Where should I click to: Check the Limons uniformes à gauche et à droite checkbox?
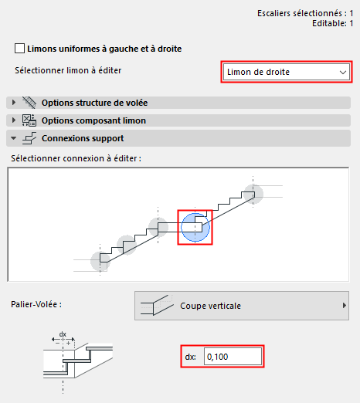point(19,49)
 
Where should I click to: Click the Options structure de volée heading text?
point(94,103)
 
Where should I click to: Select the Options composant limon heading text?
point(93,120)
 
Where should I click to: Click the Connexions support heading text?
point(83,138)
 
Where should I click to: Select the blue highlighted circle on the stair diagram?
point(195,227)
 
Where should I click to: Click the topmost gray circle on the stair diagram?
point(253,193)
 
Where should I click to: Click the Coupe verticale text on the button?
point(210,306)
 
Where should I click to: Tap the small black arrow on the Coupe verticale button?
point(344,306)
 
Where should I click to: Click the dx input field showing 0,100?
point(233,357)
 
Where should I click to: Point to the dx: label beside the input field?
point(192,357)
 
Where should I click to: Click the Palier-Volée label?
point(37,304)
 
